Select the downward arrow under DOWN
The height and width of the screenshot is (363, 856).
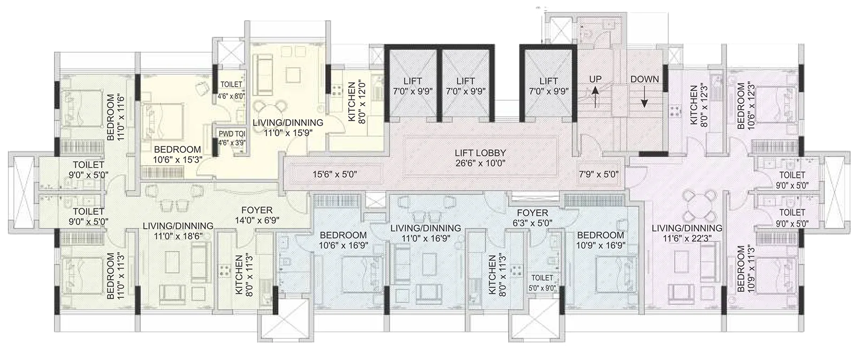click(644, 97)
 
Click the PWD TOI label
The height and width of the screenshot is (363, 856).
click(231, 133)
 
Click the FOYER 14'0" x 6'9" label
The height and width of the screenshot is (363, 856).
click(257, 214)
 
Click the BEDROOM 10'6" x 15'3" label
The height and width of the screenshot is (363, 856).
click(178, 155)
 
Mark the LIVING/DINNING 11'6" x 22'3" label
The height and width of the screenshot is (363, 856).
click(687, 233)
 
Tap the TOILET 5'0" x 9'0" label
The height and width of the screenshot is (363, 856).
click(542, 283)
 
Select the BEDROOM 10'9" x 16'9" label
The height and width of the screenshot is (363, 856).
click(601, 240)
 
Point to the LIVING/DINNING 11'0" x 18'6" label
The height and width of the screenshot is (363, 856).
click(178, 230)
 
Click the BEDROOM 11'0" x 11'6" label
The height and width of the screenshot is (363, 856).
click(115, 117)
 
